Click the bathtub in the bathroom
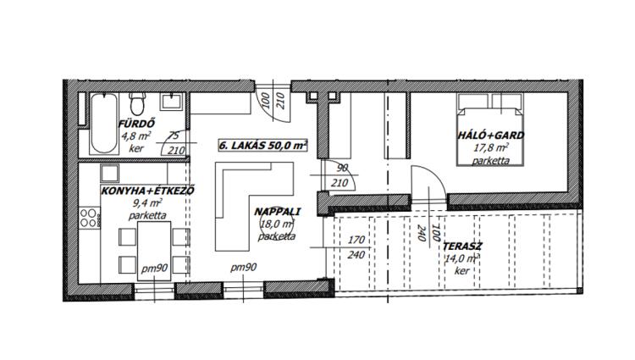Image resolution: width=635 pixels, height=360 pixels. tap(104, 123)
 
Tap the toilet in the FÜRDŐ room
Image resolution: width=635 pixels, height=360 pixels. tap(137, 103)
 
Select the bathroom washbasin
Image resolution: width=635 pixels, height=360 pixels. tap(173, 102)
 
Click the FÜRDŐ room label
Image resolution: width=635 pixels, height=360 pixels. tap(136, 124)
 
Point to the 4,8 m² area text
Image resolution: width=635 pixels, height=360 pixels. tap(136, 136)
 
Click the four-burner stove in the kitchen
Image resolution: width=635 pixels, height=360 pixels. tap(89, 218)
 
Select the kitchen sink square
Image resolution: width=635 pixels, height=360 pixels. tap(109, 174)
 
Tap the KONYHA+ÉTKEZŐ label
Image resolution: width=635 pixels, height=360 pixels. tap(148, 191)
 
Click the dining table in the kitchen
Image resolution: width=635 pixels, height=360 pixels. tap(154, 251)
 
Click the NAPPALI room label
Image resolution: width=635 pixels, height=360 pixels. tap(278, 212)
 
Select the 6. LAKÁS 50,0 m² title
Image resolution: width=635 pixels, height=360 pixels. tap(262, 146)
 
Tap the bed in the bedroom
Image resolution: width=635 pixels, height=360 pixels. tap(490, 130)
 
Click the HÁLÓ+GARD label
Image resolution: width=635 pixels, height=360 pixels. tap(490, 136)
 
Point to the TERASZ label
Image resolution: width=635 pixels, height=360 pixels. tap(462, 246)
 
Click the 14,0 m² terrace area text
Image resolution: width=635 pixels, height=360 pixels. tap(462, 258)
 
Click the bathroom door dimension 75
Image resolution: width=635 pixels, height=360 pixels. tap(173, 136)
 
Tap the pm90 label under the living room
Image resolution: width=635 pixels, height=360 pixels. tap(243, 268)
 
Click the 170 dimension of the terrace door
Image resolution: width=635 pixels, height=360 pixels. tap(356, 240)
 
